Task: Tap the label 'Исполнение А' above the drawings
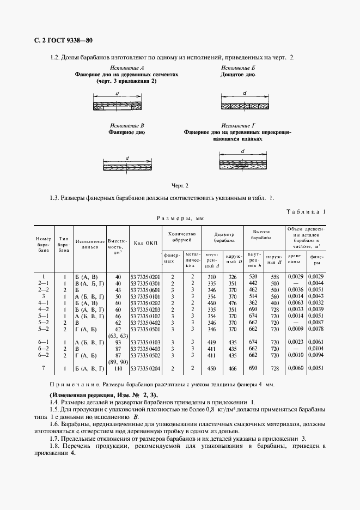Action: pyautogui.click(x=126, y=68)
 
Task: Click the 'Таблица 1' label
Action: pyautogui.click(x=305, y=211)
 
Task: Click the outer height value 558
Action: pyautogui.click(x=274, y=277)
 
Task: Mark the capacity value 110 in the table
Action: pyautogui.click(x=118, y=369)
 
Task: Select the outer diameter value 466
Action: pyautogui.click(x=233, y=369)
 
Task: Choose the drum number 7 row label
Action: pyautogui.click(x=44, y=369)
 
